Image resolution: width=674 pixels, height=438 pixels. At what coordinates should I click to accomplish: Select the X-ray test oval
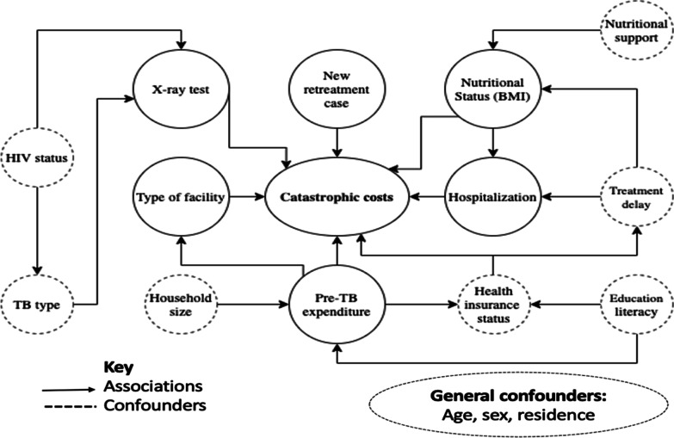click(182, 89)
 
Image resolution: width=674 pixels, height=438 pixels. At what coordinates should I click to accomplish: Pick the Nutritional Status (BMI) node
click(489, 89)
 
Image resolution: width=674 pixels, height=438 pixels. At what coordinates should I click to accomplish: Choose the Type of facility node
click(181, 197)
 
